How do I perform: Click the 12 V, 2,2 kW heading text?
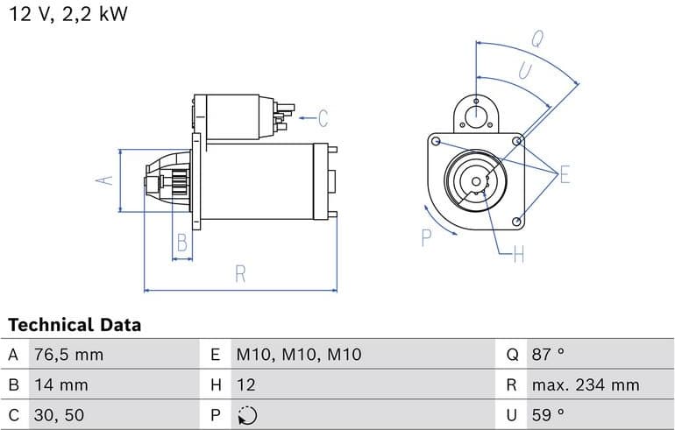coord(68,14)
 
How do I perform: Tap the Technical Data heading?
coord(75,325)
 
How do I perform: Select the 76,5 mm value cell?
coord(69,355)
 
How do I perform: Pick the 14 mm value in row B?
coord(61,384)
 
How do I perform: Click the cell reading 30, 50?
coord(59,415)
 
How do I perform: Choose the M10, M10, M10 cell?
coord(299,355)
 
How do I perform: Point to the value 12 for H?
coord(245,384)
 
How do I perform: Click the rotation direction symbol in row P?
coord(247,415)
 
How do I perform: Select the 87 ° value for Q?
coord(548,355)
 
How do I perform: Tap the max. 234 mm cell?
coord(586,384)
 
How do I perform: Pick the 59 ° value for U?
coord(548,415)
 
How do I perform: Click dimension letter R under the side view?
coord(240,274)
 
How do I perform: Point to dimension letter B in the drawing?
coord(182,243)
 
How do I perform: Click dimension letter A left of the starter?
coord(104,180)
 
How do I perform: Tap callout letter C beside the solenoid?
coord(323,118)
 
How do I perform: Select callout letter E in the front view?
coord(565,174)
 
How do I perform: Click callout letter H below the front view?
coord(519,255)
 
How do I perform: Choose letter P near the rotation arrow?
coord(426,238)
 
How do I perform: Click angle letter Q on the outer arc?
coord(537,39)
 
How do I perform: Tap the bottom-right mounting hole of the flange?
coord(517,222)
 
